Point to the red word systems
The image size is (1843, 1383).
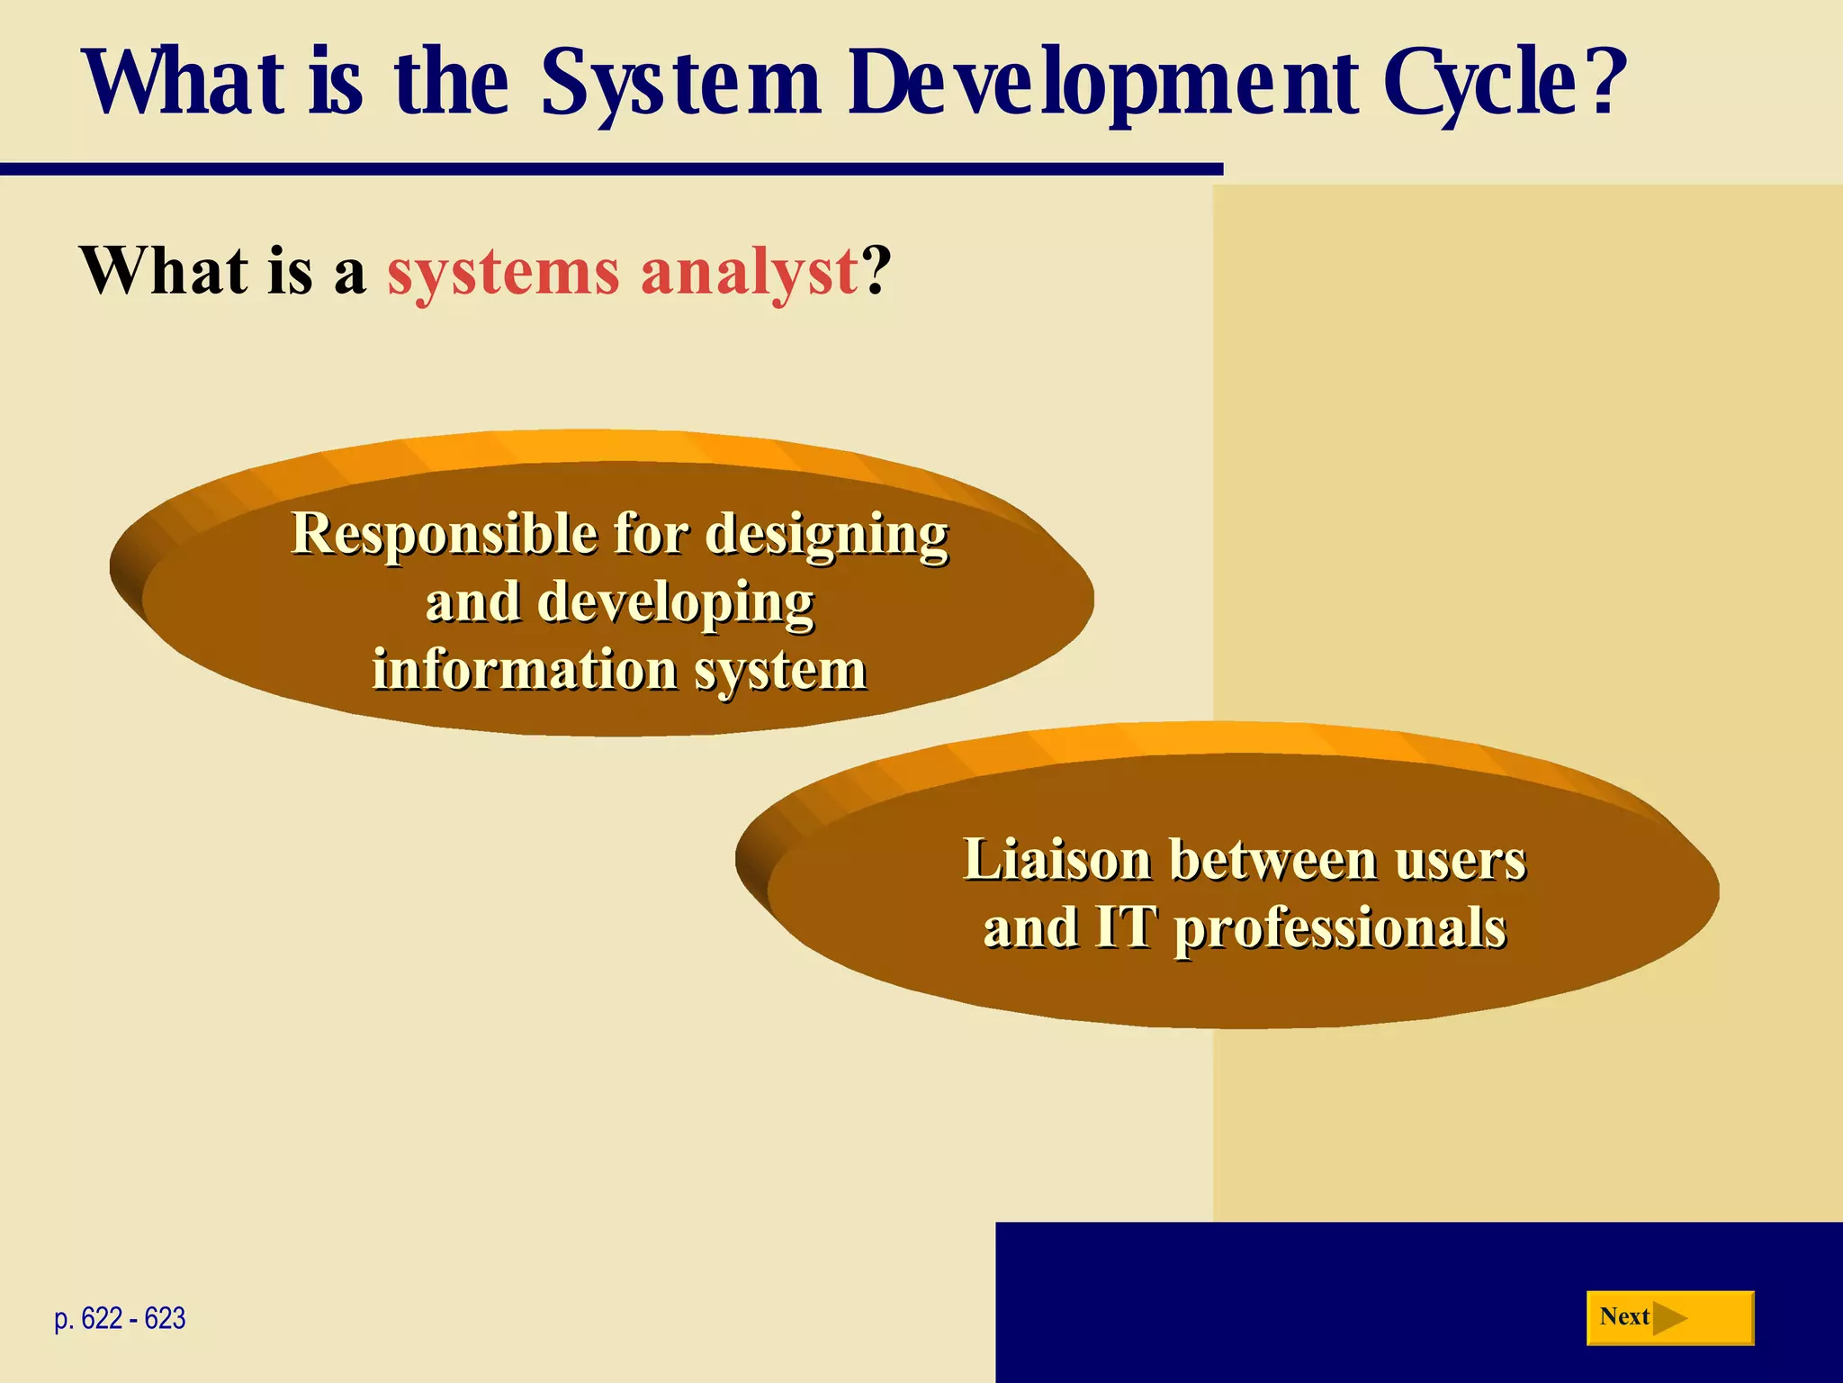(503, 272)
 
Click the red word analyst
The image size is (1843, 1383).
(750, 272)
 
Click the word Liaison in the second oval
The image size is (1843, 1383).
(1056, 860)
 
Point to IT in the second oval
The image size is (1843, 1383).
(1124, 927)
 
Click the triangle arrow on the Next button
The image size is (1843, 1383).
(1668, 1318)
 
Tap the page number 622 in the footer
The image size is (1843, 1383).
(101, 1319)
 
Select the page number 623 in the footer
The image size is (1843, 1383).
(165, 1319)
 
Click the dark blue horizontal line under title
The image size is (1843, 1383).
(612, 169)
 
